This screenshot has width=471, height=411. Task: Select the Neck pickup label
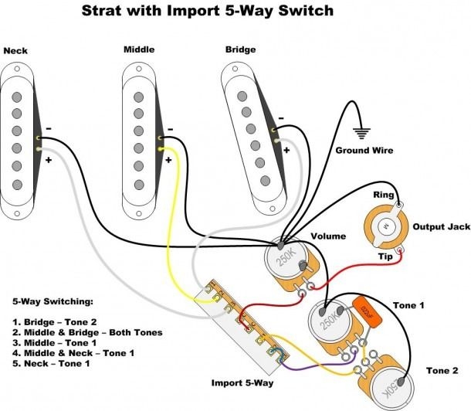pyautogui.click(x=16, y=51)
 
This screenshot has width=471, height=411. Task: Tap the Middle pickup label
pyautogui.click(x=139, y=50)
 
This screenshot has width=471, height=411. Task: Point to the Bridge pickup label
pyautogui.click(x=240, y=50)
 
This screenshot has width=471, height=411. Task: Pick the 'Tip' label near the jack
pyautogui.click(x=383, y=256)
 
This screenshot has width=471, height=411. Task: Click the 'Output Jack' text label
pyautogui.click(x=439, y=226)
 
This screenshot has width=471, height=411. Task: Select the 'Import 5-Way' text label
pyautogui.click(x=243, y=382)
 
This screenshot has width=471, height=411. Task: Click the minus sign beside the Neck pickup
pyautogui.click(x=48, y=128)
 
